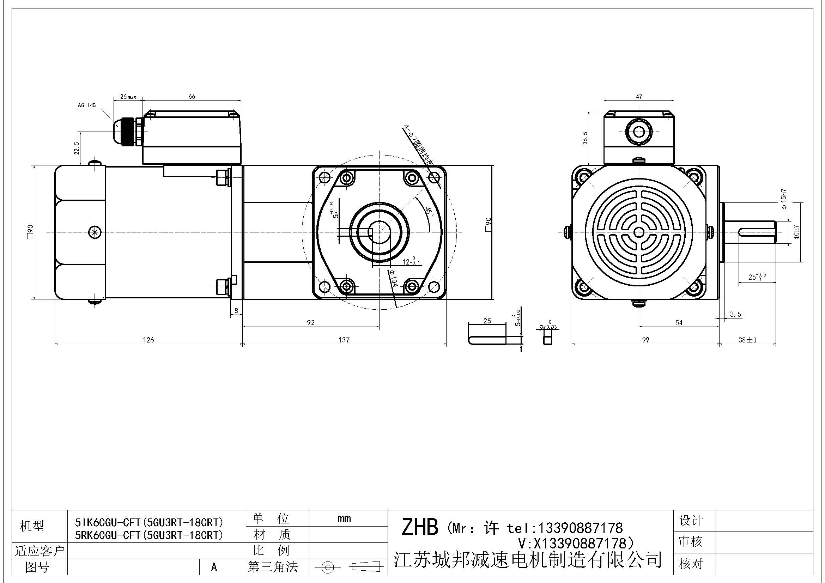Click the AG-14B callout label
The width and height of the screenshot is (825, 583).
pyautogui.click(x=87, y=105)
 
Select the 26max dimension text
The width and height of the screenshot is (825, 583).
pyautogui.click(x=128, y=97)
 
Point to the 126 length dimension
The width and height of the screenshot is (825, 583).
pyautogui.click(x=148, y=340)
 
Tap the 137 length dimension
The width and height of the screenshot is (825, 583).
pyautogui.click(x=344, y=340)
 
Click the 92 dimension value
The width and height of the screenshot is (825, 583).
pyautogui.click(x=311, y=323)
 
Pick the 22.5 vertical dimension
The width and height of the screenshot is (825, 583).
pyautogui.click(x=77, y=148)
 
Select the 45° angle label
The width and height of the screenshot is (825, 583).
pyautogui.click(x=429, y=211)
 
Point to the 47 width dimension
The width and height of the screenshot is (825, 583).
pyautogui.click(x=638, y=97)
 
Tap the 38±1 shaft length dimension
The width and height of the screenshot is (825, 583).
pyautogui.click(x=747, y=340)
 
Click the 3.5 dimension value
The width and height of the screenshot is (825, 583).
pyautogui.click(x=735, y=314)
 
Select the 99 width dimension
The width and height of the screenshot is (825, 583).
pyautogui.click(x=645, y=340)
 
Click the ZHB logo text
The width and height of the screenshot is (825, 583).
pyautogui.click(x=419, y=527)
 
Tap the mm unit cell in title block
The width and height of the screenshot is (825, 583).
pyautogui.click(x=344, y=518)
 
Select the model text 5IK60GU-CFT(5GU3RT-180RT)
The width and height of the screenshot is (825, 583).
pyautogui.click(x=149, y=522)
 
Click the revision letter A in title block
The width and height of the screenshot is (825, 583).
pyautogui.click(x=214, y=567)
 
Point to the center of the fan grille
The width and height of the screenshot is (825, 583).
pyautogui.click(x=638, y=232)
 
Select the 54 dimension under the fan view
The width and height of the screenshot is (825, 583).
pyautogui.click(x=679, y=323)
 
